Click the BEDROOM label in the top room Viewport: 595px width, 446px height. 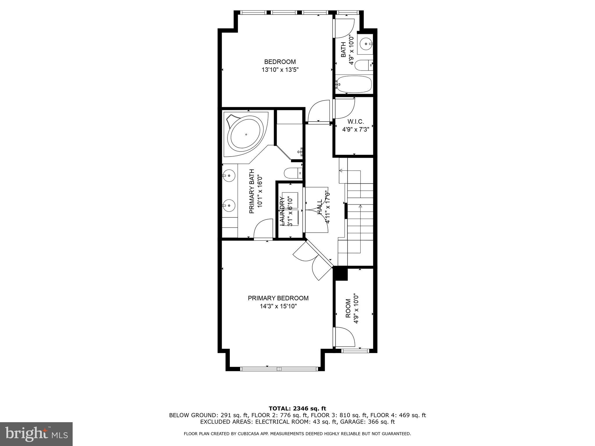click(280, 62)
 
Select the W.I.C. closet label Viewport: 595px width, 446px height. click(356, 122)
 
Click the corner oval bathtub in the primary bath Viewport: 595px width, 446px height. click(246, 135)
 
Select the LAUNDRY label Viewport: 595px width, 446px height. click(282, 211)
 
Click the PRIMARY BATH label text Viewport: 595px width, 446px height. click(252, 191)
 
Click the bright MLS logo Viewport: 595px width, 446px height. click(36, 434)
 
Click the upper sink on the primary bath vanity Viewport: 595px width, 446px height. click(230, 175)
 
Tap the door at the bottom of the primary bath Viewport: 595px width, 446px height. click(263, 229)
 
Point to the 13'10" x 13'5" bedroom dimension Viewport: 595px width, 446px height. click(280, 70)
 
